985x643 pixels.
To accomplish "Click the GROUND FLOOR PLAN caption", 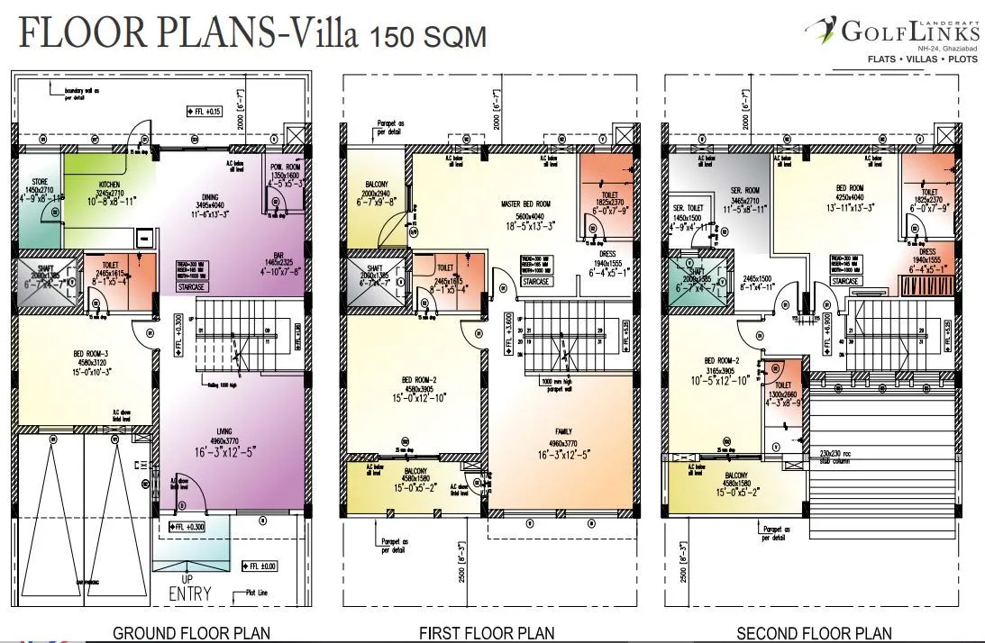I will tap(191, 633).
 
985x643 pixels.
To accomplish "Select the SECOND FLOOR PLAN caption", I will tap(815, 633).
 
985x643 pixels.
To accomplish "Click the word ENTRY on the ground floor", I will tap(190, 593).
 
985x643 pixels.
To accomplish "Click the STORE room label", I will tap(33, 184).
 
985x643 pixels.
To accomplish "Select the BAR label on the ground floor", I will tap(278, 254).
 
